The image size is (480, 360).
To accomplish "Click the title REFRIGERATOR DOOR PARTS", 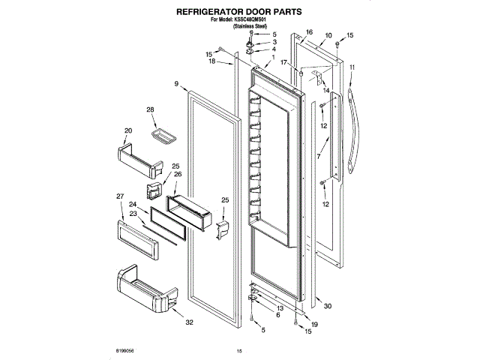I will pos(239,12).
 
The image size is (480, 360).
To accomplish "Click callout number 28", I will pos(150,110).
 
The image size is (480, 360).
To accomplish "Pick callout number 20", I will pos(128,130).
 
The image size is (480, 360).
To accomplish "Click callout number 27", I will pos(119,196).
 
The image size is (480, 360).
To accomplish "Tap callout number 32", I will pos(189,322).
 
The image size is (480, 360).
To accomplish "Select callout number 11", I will pos(352,68).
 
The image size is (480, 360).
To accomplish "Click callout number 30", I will pos(327,305).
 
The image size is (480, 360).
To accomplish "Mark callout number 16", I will pos(308,32).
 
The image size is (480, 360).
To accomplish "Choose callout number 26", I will pos(178,174).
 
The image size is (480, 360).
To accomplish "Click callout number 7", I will pos(318,158).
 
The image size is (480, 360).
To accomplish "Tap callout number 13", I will pos(279,308).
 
